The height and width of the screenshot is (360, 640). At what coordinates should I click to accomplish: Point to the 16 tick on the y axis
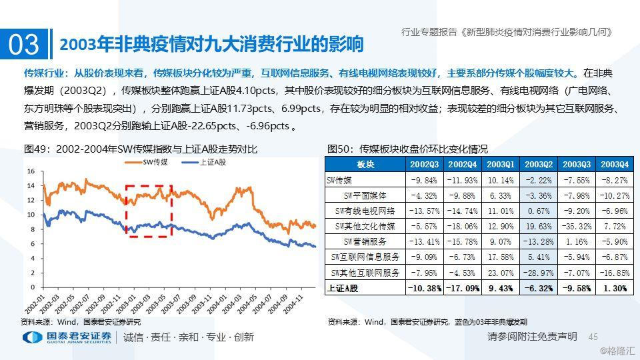(31, 171)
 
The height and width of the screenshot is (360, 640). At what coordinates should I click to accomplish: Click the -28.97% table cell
(539, 273)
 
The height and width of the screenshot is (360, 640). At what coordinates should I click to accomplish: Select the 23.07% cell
(501, 273)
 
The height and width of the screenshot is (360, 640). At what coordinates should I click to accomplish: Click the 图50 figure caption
(407, 149)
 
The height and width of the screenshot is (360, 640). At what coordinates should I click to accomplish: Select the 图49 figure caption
(139, 149)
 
